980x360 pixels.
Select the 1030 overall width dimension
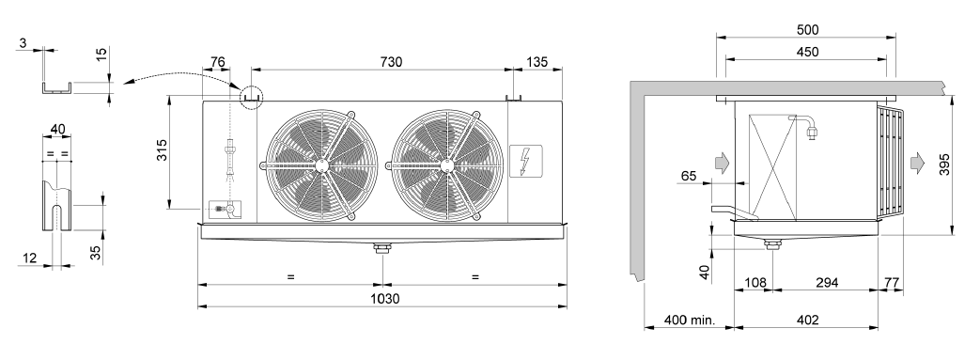coord(384,299)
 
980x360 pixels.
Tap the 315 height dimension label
coord(162,150)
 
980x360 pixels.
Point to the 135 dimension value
coord(537,61)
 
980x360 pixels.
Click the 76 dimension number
coord(217,61)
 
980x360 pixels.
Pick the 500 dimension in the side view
coord(807,29)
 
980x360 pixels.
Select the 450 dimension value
coord(807,52)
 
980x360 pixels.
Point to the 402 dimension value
coord(807,321)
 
